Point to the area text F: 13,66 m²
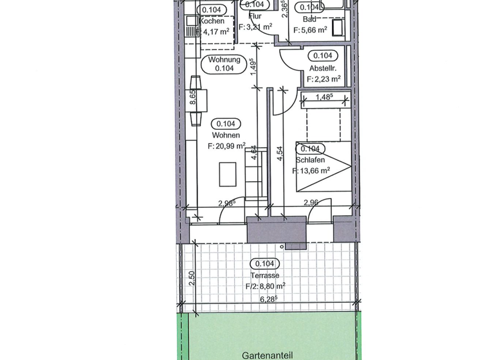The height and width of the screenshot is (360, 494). coord(312,171)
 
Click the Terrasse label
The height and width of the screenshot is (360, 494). coord(264,275)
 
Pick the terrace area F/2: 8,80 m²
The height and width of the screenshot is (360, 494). coord(264,287)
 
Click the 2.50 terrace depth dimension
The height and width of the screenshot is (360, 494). coord(192,279)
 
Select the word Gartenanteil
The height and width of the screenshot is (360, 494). coord(268,355)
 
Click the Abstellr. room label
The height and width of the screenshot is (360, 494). coord(323,68)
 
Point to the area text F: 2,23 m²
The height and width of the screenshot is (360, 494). coord(323,80)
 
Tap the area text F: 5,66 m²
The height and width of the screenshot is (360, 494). coord(312,30)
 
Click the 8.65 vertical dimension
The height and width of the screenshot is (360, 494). coord(192,100)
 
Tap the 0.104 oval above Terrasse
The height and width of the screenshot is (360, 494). coord(264,264)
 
